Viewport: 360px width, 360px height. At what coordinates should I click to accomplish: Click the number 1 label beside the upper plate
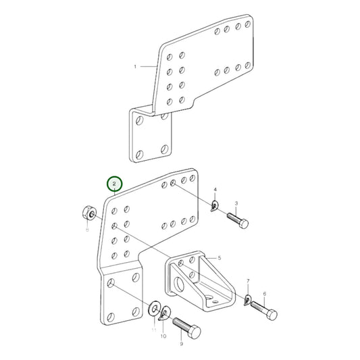135,66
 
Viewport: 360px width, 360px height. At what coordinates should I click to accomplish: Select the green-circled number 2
115,184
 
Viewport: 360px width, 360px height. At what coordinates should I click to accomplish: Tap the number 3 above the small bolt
236,203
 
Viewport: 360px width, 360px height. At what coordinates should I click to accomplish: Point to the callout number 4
215,190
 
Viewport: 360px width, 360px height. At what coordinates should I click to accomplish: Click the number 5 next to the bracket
219,258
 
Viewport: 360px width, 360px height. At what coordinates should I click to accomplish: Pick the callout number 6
264,294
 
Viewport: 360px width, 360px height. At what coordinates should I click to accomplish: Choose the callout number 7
248,280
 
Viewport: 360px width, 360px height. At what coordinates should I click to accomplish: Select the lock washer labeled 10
164,313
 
